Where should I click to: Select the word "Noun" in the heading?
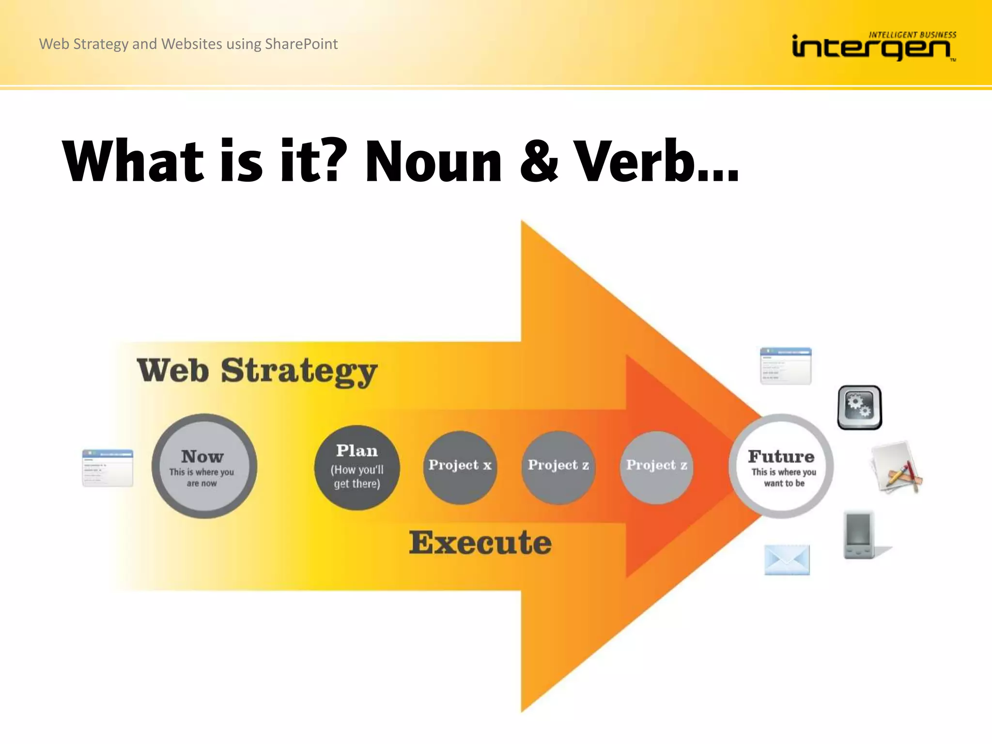point(433,162)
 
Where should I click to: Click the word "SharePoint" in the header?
point(301,44)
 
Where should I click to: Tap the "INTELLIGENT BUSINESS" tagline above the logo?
point(912,35)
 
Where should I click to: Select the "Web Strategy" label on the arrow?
point(257,371)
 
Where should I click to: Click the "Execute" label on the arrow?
point(480,542)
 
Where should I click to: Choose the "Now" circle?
point(204,466)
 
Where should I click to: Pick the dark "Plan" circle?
point(357,467)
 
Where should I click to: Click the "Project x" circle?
point(460,467)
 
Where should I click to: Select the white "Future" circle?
point(781,466)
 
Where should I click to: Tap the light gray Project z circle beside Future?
point(656,467)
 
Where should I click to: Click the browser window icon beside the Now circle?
point(108,468)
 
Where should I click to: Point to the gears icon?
point(859,407)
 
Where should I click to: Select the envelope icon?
point(787,560)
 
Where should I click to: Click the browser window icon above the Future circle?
point(786,366)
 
